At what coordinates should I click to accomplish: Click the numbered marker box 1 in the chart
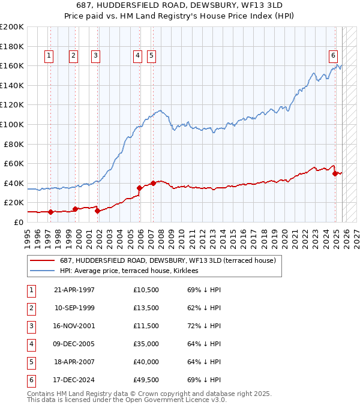(49, 56)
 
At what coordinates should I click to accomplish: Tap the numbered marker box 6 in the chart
(332, 56)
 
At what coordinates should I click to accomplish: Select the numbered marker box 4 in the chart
(137, 56)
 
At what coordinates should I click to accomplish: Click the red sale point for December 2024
(335, 173)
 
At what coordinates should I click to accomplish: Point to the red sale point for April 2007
(153, 183)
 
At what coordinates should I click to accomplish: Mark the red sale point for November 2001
(97, 211)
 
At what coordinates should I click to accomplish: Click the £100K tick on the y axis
(12, 124)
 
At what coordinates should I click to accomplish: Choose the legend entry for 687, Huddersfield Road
(167, 260)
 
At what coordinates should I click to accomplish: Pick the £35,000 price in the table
(146, 344)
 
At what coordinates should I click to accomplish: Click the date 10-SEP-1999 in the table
(74, 308)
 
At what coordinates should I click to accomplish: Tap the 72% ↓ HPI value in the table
(205, 326)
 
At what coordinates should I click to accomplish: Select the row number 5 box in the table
(31, 362)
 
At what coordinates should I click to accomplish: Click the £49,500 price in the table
(146, 380)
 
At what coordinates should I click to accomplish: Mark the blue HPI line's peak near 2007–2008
(159, 110)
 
